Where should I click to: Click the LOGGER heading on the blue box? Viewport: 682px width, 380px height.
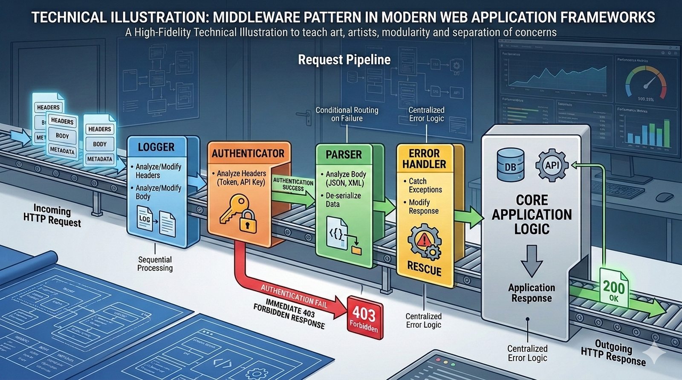[156, 147]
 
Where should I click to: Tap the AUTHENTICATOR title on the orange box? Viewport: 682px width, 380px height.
[248, 154]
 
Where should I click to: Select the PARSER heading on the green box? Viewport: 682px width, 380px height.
[344, 154]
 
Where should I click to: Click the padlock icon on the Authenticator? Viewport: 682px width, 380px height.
[248, 222]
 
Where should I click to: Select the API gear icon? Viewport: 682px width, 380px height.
[552, 165]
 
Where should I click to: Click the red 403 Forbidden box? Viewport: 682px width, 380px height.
[364, 317]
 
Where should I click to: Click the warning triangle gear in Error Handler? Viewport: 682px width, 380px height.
[424, 241]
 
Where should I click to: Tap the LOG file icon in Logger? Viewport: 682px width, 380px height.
[145, 218]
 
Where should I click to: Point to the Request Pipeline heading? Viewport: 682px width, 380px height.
[344, 60]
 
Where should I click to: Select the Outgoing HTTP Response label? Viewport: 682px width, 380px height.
[613, 353]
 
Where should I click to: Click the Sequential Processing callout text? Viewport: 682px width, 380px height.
[155, 264]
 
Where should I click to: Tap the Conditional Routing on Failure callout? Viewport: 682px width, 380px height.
[347, 114]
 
